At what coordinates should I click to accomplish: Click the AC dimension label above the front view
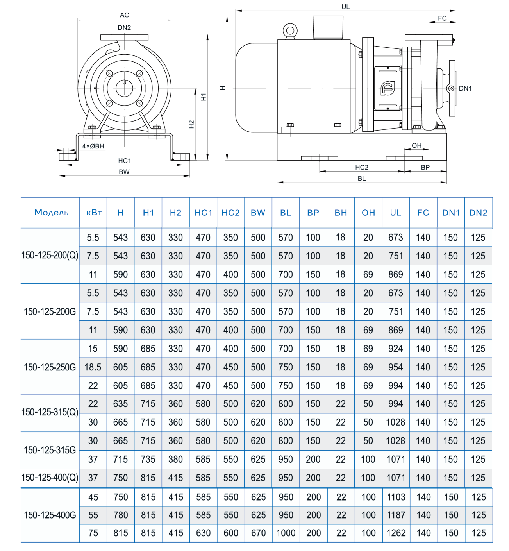click(124, 15)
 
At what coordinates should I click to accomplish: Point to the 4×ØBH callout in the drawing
click(93, 146)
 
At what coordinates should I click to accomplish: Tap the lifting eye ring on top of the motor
click(290, 31)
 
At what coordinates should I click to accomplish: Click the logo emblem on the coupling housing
click(388, 88)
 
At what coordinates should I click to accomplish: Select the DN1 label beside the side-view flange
click(465, 89)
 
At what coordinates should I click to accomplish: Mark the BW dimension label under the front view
click(124, 172)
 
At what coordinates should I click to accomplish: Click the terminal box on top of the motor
click(328, 27)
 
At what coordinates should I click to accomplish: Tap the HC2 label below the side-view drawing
click(361, 168)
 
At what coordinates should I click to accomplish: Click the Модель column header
click(51, 213)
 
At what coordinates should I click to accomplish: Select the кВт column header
click(94, 213)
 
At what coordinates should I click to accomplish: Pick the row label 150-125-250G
click(50, 367)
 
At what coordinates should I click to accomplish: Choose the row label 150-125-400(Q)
click(50, 478)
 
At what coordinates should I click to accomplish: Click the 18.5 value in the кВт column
click(93, 367)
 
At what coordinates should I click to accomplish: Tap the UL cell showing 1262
click(396, 533)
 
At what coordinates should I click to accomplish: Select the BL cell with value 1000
click(286, 533)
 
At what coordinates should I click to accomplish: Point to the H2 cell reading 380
click(175, 460)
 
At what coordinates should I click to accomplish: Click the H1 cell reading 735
click(148, 460)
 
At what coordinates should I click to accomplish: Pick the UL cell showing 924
click(396, 349)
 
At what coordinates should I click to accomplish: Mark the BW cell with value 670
click(258, 533)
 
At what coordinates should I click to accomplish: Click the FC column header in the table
click(423, 213)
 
